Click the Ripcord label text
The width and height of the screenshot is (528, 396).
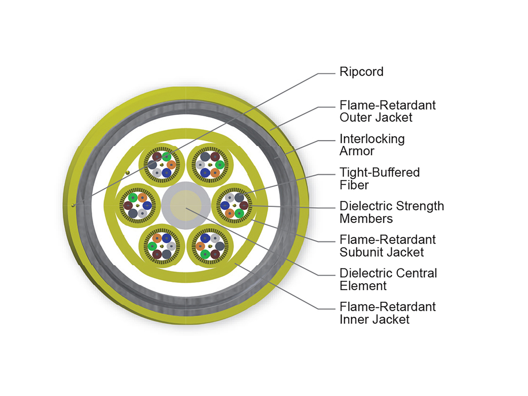[x=361, y=72]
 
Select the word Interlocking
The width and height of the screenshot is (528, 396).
[x=372, y=139]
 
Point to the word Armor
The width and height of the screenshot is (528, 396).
[x=357, y=151]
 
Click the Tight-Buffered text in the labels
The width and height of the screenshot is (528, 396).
[x=380, y=172]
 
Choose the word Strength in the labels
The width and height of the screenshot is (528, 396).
[x=420, y=206]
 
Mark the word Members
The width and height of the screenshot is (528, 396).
[x=366, y=218]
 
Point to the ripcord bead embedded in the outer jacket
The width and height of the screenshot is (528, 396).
[x=73, y=205]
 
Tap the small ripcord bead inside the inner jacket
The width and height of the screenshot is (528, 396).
[x=128, y=172]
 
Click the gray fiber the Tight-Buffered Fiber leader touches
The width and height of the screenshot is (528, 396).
[x=240, y=198]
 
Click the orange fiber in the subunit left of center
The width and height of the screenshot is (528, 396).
[x=142, y=198]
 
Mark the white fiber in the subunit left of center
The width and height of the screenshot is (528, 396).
[x=142, y=213]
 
